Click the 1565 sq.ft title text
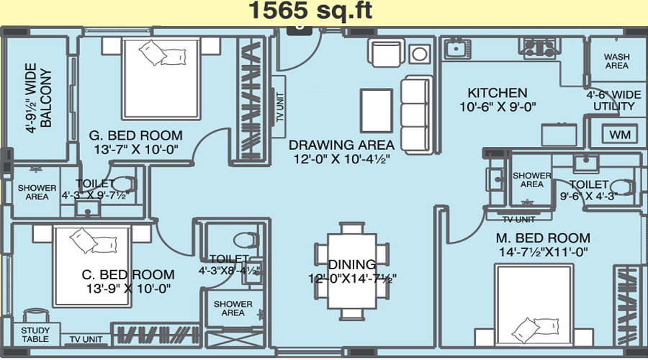pyautogui.click(x=310, y=11)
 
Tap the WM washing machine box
pyautogui.click(x=620, y=135)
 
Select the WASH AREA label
pyautogui.click(x=616, y=61)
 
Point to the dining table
pyautogui.click(x=352, y=271)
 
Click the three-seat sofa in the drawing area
pyautogui.click(x=415, y=115)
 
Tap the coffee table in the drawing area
pyautogui.click(x=376, y=110)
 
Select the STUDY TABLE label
pyautogui.click(x=35, y=335)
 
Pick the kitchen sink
pyautogui.click(x=457, y=49)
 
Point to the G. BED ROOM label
pyautogui.click(x=135, y=135)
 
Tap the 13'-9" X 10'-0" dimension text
pyautogui.click(x=129, y=289)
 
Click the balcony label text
pyautogui.click(x=39, y=98)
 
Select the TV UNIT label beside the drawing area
pyautogui.click(x=280, y=107)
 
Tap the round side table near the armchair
pyautogui.click(x=420, y=54)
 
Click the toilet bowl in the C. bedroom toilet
pyautogui.click(x=246, y=240)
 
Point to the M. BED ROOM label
pyautogui.click(x=543, y=238)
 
